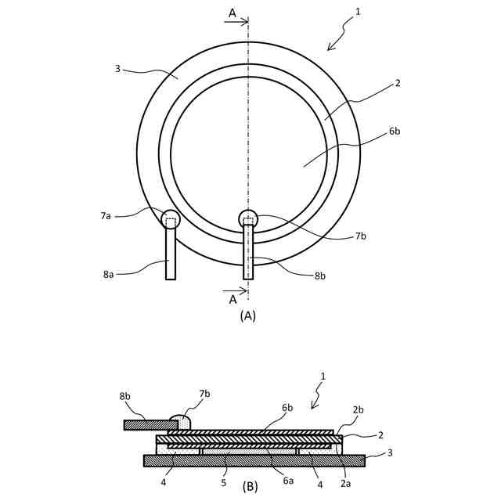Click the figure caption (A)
pos(247,316)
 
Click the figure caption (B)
pos(250,486)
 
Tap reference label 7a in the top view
pos(106,215)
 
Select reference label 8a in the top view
pos(109,275)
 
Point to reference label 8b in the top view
pos(320,275)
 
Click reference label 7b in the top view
pos(360,236)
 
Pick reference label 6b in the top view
pos(394,132)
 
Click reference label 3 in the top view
pos(117,69)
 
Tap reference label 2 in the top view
pos(398,82)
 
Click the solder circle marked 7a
pos(171,219)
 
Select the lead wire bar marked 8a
pos(171,254)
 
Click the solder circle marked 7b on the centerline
pos(248,219)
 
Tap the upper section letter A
pos(232,13)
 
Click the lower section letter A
pos(232,299)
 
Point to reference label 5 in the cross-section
pos(223,483)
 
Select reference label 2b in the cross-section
pos(358,410)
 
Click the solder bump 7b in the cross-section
pos(180,422)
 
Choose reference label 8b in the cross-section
pos(125,397)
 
